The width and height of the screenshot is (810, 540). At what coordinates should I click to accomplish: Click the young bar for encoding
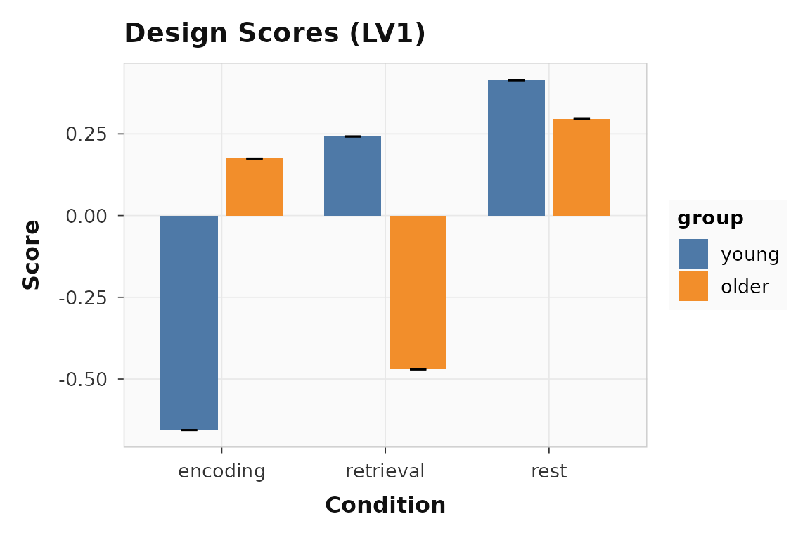click(189, 323)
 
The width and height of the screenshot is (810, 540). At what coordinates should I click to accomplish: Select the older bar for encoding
click(255, 187)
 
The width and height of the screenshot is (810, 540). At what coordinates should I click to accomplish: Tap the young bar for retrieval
click(352, 176)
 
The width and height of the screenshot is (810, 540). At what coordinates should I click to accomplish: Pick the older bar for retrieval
click(418, 292)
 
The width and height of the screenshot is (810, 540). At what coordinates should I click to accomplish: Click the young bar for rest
click(516, 148)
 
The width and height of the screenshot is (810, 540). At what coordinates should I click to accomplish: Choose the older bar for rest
click(581, 167)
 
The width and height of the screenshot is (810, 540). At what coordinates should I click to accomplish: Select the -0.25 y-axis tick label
click(83, 297)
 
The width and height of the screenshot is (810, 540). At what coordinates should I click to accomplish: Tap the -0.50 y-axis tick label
click(83, 380)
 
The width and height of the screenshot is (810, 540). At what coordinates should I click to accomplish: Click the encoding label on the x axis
click(222, 471)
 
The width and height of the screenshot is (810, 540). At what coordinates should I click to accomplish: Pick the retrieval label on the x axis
click(385, 471)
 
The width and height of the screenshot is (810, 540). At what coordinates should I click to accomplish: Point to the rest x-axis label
click(549, 471)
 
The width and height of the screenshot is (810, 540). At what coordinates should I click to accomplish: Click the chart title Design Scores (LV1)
click(275, 34)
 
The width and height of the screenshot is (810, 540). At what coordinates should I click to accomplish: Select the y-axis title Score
click(32, 255)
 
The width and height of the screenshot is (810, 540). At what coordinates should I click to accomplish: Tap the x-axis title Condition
click(385, 506)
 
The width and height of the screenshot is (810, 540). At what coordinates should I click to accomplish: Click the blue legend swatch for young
click(693, 254)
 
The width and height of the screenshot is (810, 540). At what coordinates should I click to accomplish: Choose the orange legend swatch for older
click(693, 286)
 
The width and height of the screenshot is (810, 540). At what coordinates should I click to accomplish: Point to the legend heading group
click(710, 219)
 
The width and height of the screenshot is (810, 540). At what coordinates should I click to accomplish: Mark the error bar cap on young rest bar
click(516, 80)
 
